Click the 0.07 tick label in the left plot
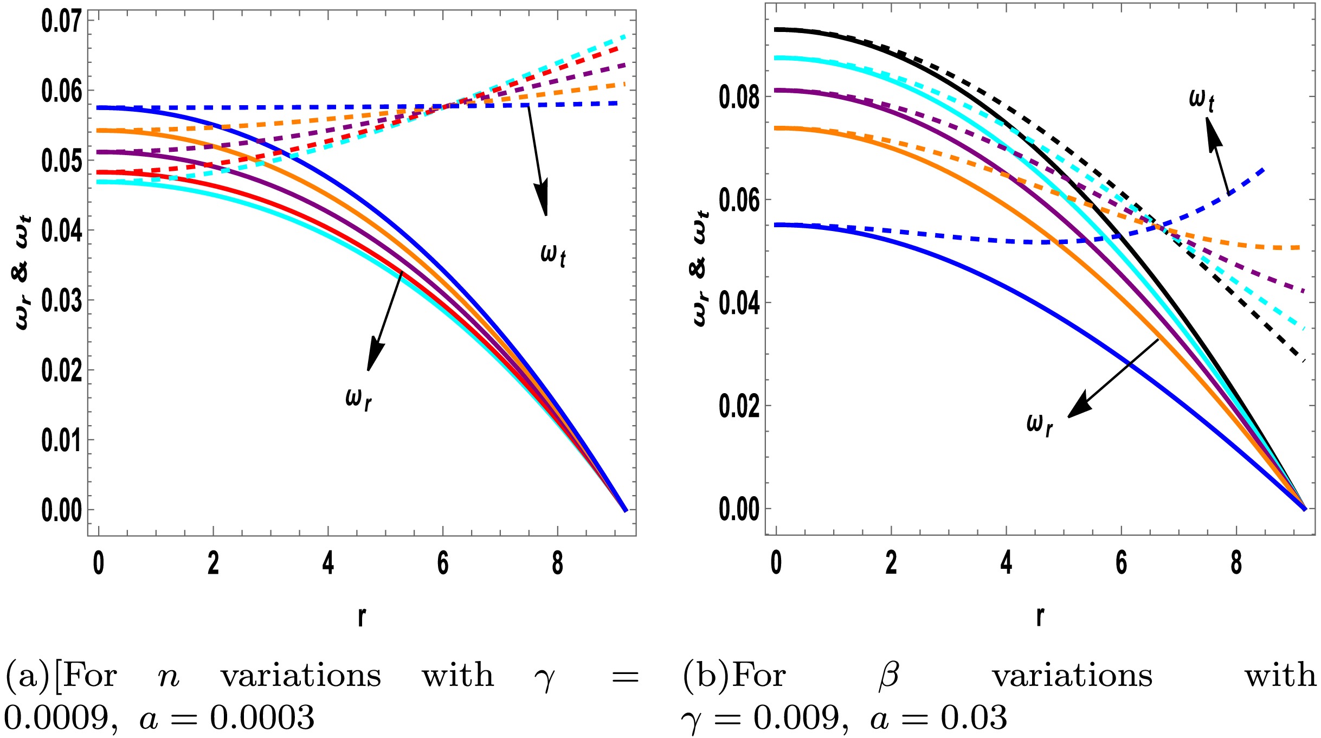click(61, 22)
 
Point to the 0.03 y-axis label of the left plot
click(61, 301)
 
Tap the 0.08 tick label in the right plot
click(739, 98)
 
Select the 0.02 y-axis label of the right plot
click(739, 407)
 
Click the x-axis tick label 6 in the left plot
click(443, 564)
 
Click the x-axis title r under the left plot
click(362, 616)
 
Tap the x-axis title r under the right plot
click(1040, 616)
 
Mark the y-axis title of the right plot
click(701, 268)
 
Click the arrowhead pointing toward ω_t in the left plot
click(542, 198)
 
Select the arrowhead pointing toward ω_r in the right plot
click(1079, 407)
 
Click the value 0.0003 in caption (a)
click(262, 718)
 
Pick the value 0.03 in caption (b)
click(974, 718)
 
